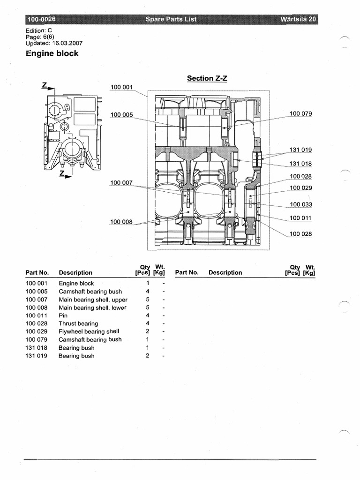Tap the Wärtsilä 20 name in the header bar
(298, 19)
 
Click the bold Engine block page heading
(52, 53)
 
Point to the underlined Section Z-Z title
(207, 78)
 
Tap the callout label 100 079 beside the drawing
(300, 114)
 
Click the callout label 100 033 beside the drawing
(300, 204)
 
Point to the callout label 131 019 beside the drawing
(300, 150)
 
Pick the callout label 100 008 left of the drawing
(121, 222)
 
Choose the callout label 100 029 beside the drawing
(300, 188)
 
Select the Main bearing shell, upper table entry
(93, 300)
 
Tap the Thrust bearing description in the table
(78, 323)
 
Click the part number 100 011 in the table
(37, 315)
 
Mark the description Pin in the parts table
(63, 315)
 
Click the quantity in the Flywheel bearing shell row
(147, 331)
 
